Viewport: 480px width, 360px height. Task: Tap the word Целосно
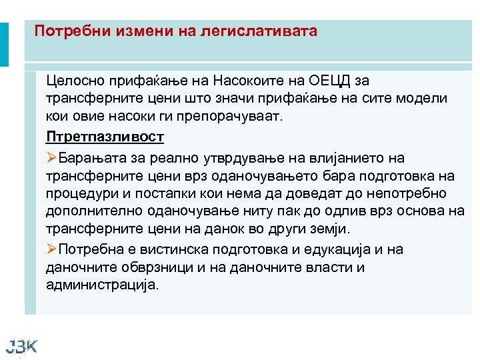(x=76, y=81)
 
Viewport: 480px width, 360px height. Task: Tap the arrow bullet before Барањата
(x=52, y=159)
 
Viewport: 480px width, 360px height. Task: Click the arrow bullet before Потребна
(x=52, y=250)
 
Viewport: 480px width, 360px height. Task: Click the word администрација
(x=103, y=285)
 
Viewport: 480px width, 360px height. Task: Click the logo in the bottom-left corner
(x=21, y=345)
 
